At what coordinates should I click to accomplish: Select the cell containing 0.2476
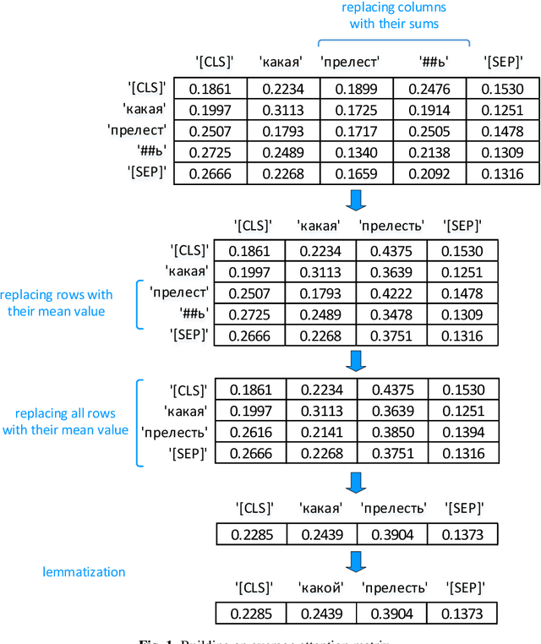pyautogui.click(x=430, y=90)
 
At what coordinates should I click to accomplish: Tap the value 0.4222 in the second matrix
pyautogui.click(x=391, y=293)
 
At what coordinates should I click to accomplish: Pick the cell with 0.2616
pyautogui.click(x=249, y=433)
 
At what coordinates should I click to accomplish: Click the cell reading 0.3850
pyautogui.click(x=391, y=433)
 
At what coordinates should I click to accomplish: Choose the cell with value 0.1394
pyautogui.click(x=462, y=433)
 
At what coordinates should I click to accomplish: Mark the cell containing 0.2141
pyautogui.click(x=320, y=433)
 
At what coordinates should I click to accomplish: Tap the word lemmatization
pyautogui.click(x=84, y=572)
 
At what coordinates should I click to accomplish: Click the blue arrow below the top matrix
pyautogui.click(x=356, y=200)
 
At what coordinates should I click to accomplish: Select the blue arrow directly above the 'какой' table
pyautogui.click(x=356, y=561)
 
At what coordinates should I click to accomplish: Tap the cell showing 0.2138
pyautogui.click(x=430, y=153)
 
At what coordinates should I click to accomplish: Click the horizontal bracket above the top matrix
pyautogui.click(x=394, y=41)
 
